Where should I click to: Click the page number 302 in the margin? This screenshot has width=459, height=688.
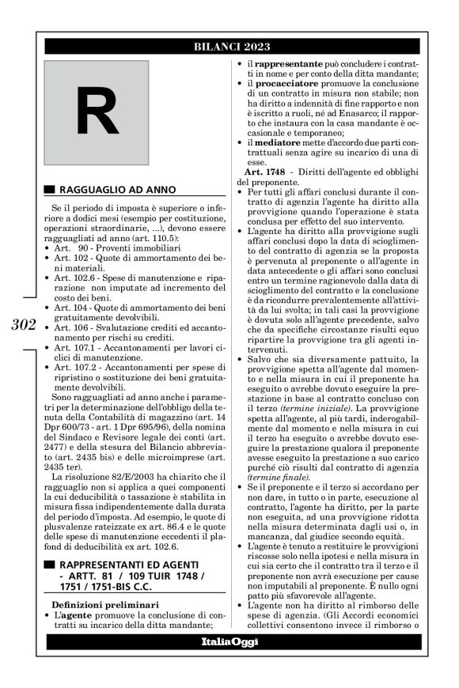(17, 325)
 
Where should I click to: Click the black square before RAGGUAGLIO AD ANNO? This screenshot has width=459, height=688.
(50, 190)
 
